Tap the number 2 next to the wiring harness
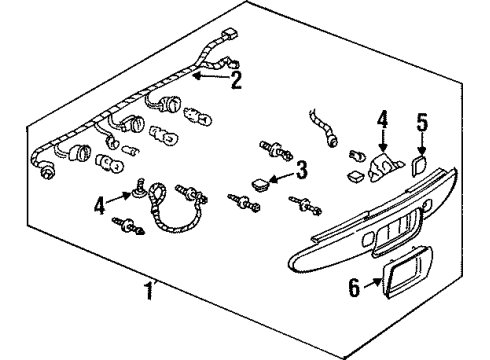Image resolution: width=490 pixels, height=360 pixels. click(236, 80)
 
